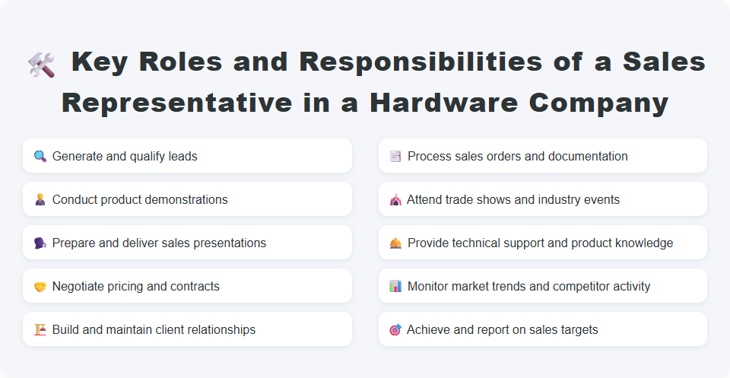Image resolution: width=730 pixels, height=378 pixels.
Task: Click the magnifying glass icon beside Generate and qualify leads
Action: [40, 157]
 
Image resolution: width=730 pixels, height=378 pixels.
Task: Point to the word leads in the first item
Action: [182, 157]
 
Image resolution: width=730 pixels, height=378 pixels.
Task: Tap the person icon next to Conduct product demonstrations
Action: [40, 200]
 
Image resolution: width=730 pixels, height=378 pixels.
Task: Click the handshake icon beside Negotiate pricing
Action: [40, 287]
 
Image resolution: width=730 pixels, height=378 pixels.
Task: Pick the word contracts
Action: [195, 287]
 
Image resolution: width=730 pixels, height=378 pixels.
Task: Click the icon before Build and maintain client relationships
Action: [40, 330]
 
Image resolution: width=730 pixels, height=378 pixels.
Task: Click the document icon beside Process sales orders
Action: [395, 157]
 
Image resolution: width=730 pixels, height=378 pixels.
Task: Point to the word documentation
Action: [590, 157]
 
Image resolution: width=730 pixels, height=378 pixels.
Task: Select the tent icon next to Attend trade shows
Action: [395, 200]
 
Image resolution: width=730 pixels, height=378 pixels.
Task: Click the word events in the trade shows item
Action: [602, 200]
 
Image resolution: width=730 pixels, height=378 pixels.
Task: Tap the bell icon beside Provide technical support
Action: [395, 243]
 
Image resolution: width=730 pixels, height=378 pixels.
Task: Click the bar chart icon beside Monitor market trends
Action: [395, 287]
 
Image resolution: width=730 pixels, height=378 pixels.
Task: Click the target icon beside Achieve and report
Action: [395, 330]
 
